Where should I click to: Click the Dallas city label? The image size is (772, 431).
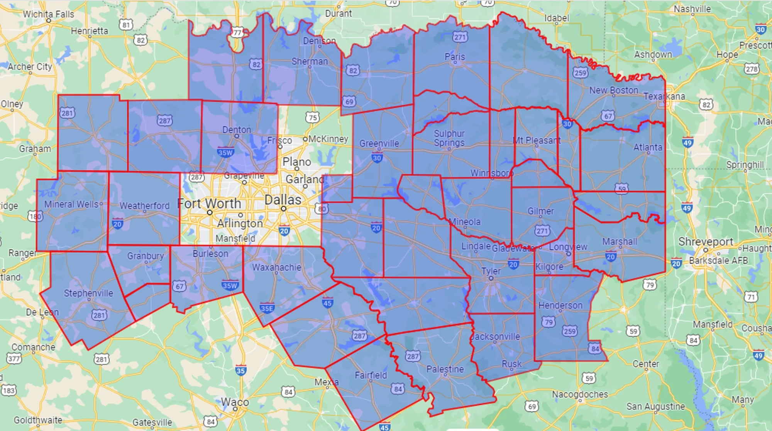pyautogui.click(x=283, y=200)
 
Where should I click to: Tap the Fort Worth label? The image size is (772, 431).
pyautogui.click(x=209, y=203)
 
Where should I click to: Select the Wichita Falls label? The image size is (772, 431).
pyautogui.click(x=48, y=14)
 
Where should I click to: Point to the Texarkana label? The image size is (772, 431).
pyautogui.click(x=664, y=96)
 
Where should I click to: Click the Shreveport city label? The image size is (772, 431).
pyautogui.click(x=706, y=242)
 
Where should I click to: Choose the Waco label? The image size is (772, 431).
pyautogui.click(x=235, y=402)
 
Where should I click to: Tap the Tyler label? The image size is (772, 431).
pyautogui.click(x=491, y=271)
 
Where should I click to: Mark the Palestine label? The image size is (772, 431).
pyautogui.click(x=445, y=369)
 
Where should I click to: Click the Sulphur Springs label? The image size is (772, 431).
pyautogui.click(x=449, y=138)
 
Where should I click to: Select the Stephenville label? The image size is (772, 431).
pyautogui.click(x=88, y=293)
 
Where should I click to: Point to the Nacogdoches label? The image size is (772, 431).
pyautogui.click(x=580, y=394)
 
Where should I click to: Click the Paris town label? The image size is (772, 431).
pyautogui.click(x=455, y=57)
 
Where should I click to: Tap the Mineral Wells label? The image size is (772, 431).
pyautogui.click(x=71, y=204)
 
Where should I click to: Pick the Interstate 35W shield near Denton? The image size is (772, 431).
pyautogui.click(x=225, y=152)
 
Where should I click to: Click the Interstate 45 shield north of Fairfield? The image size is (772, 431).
pyautogui.click(x=327, y=303)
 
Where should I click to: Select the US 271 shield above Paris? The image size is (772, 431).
pyautogui.click(x=460, y=37)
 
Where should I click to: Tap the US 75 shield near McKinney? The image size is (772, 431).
pyautogui.click(x=313, y=117)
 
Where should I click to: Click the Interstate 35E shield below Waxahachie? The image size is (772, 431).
pyautogui.click(x=267, y=308)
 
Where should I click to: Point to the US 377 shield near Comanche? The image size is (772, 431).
pyautogui.click(x=14, y=359)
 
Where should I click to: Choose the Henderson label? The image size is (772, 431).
pyautogui.click(x=560, y=305)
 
